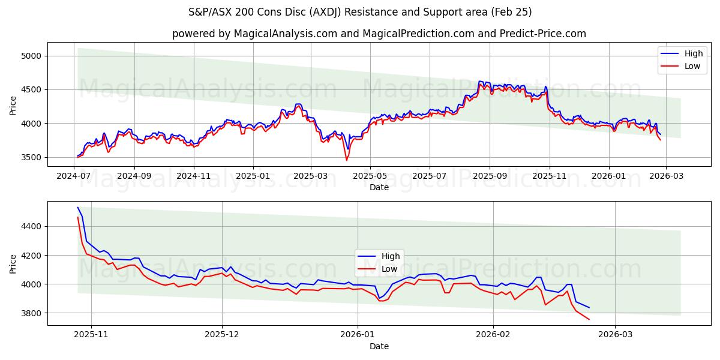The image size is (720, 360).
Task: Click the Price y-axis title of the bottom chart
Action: tap(13, 263)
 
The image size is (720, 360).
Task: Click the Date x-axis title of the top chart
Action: tap(379, 187)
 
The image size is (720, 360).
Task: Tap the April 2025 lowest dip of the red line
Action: tap(346, 160)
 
